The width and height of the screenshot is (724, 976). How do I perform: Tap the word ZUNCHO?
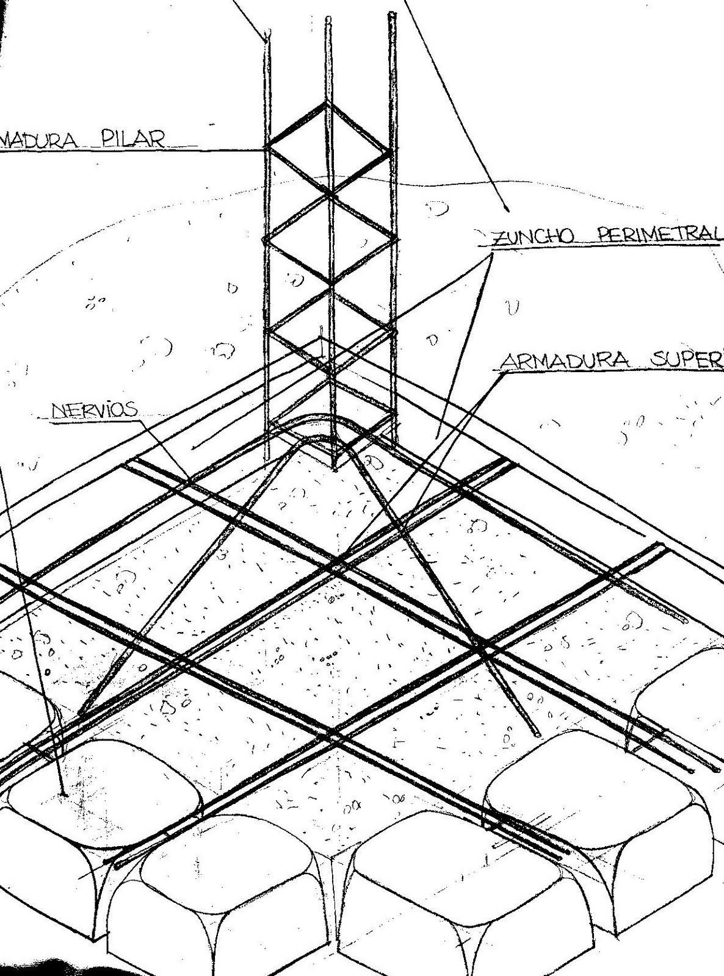click(530, 236)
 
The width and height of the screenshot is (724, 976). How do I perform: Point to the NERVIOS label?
click(95, 410)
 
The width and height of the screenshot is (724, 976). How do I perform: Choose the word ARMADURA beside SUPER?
click(565, 361)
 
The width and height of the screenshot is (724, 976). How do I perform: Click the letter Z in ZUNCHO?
click(499, 237)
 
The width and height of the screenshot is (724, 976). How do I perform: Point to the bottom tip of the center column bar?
click(335, 468)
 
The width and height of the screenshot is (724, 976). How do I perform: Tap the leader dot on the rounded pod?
click(63, 794)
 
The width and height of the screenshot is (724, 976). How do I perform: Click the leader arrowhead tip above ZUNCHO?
click(507, 210)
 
